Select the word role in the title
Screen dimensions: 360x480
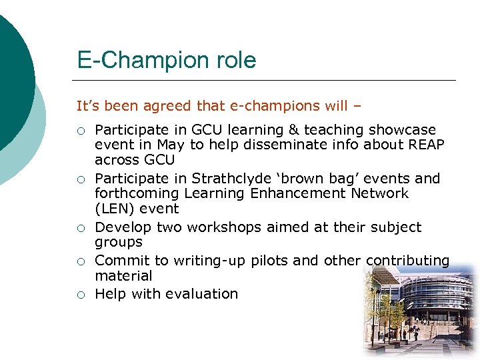[x=234, y=61]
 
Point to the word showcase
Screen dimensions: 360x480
[x=403, y=130]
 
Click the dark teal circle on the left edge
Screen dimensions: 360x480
[x=13, y=80]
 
